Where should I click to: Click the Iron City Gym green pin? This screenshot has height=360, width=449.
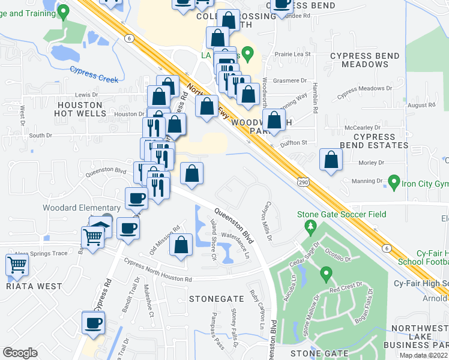[394, 181]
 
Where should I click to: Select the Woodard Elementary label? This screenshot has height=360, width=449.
[73, 208]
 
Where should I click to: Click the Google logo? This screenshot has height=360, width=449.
[20, 353]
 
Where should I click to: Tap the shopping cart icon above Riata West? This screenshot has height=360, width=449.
[17, 264]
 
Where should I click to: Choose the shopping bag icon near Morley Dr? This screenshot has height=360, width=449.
[331, 160]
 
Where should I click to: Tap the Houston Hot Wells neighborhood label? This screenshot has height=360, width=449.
[78, 109]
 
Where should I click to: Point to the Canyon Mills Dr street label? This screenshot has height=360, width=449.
[265, 221]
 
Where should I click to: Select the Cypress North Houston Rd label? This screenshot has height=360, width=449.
[158, 271]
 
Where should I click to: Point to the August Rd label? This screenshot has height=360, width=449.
[421, 104]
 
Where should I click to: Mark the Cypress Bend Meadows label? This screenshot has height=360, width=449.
[365, 60]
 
